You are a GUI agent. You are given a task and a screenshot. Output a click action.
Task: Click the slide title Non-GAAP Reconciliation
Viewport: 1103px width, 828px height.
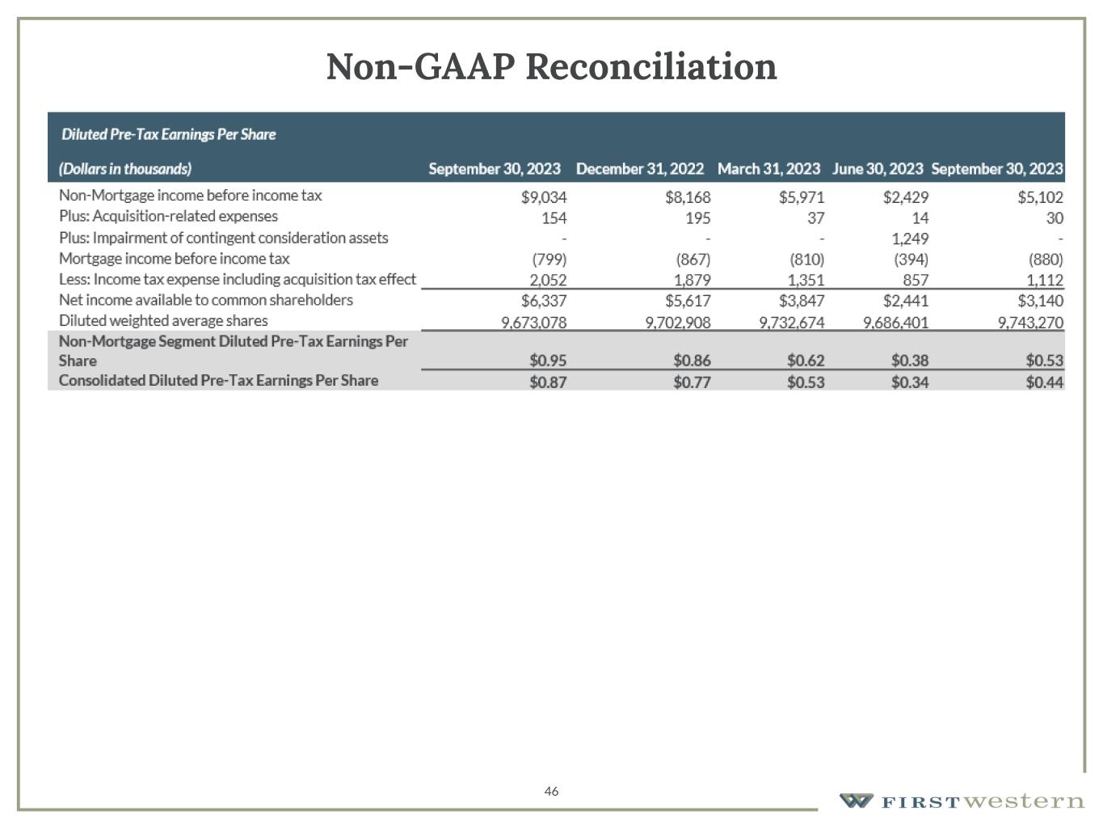point(551,66)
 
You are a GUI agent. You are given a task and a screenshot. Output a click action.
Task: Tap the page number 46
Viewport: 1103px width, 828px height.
point(551,791)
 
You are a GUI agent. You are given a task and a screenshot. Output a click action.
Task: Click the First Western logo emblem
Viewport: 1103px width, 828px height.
point(856,801)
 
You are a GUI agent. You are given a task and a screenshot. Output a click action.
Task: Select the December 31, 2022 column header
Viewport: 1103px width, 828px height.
point(639,169)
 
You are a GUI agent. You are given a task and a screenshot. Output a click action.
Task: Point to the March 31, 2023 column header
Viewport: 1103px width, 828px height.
point(768,169)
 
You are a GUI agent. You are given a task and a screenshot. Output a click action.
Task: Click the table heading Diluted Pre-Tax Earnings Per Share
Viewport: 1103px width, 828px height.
point(168,134)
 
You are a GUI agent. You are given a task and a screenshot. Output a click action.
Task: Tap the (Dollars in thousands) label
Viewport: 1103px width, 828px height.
point(125,169)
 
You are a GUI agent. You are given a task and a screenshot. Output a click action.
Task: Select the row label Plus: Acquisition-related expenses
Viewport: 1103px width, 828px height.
point(168,217)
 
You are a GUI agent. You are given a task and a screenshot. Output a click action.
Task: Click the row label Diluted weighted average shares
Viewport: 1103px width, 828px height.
point(163,321)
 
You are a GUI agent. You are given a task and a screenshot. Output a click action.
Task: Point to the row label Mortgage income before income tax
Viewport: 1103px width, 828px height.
point(174,259)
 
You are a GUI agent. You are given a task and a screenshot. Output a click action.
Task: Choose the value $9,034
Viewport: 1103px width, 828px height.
point(544,196)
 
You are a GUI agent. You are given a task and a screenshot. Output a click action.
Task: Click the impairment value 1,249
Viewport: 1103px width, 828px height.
point(910,239)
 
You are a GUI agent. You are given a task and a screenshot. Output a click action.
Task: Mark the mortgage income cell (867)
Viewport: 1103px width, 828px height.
point(693,260)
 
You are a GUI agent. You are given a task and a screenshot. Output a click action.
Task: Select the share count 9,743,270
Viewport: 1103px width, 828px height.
point(1030,322)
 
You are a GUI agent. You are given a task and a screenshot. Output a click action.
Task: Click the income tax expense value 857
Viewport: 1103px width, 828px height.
point(916,280)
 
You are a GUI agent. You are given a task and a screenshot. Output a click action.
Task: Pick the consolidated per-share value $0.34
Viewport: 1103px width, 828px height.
point(909,382)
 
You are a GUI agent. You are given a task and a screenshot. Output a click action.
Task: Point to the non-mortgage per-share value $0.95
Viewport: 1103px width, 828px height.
point(548,361)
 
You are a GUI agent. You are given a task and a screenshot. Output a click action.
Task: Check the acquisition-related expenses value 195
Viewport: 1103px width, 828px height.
point(697,218)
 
